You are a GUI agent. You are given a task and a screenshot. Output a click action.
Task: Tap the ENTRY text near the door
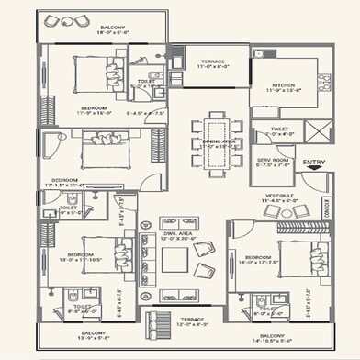(x=313, y=163)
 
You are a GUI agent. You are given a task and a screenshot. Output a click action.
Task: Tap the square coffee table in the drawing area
(x=174, y=260)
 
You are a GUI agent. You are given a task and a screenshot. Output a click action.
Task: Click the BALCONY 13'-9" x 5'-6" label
(x=93, y=335)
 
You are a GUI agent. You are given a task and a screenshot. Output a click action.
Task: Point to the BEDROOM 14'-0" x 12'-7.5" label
(x=257, y=260)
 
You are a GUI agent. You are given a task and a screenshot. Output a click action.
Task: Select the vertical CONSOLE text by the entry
(x=327, y=212)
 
